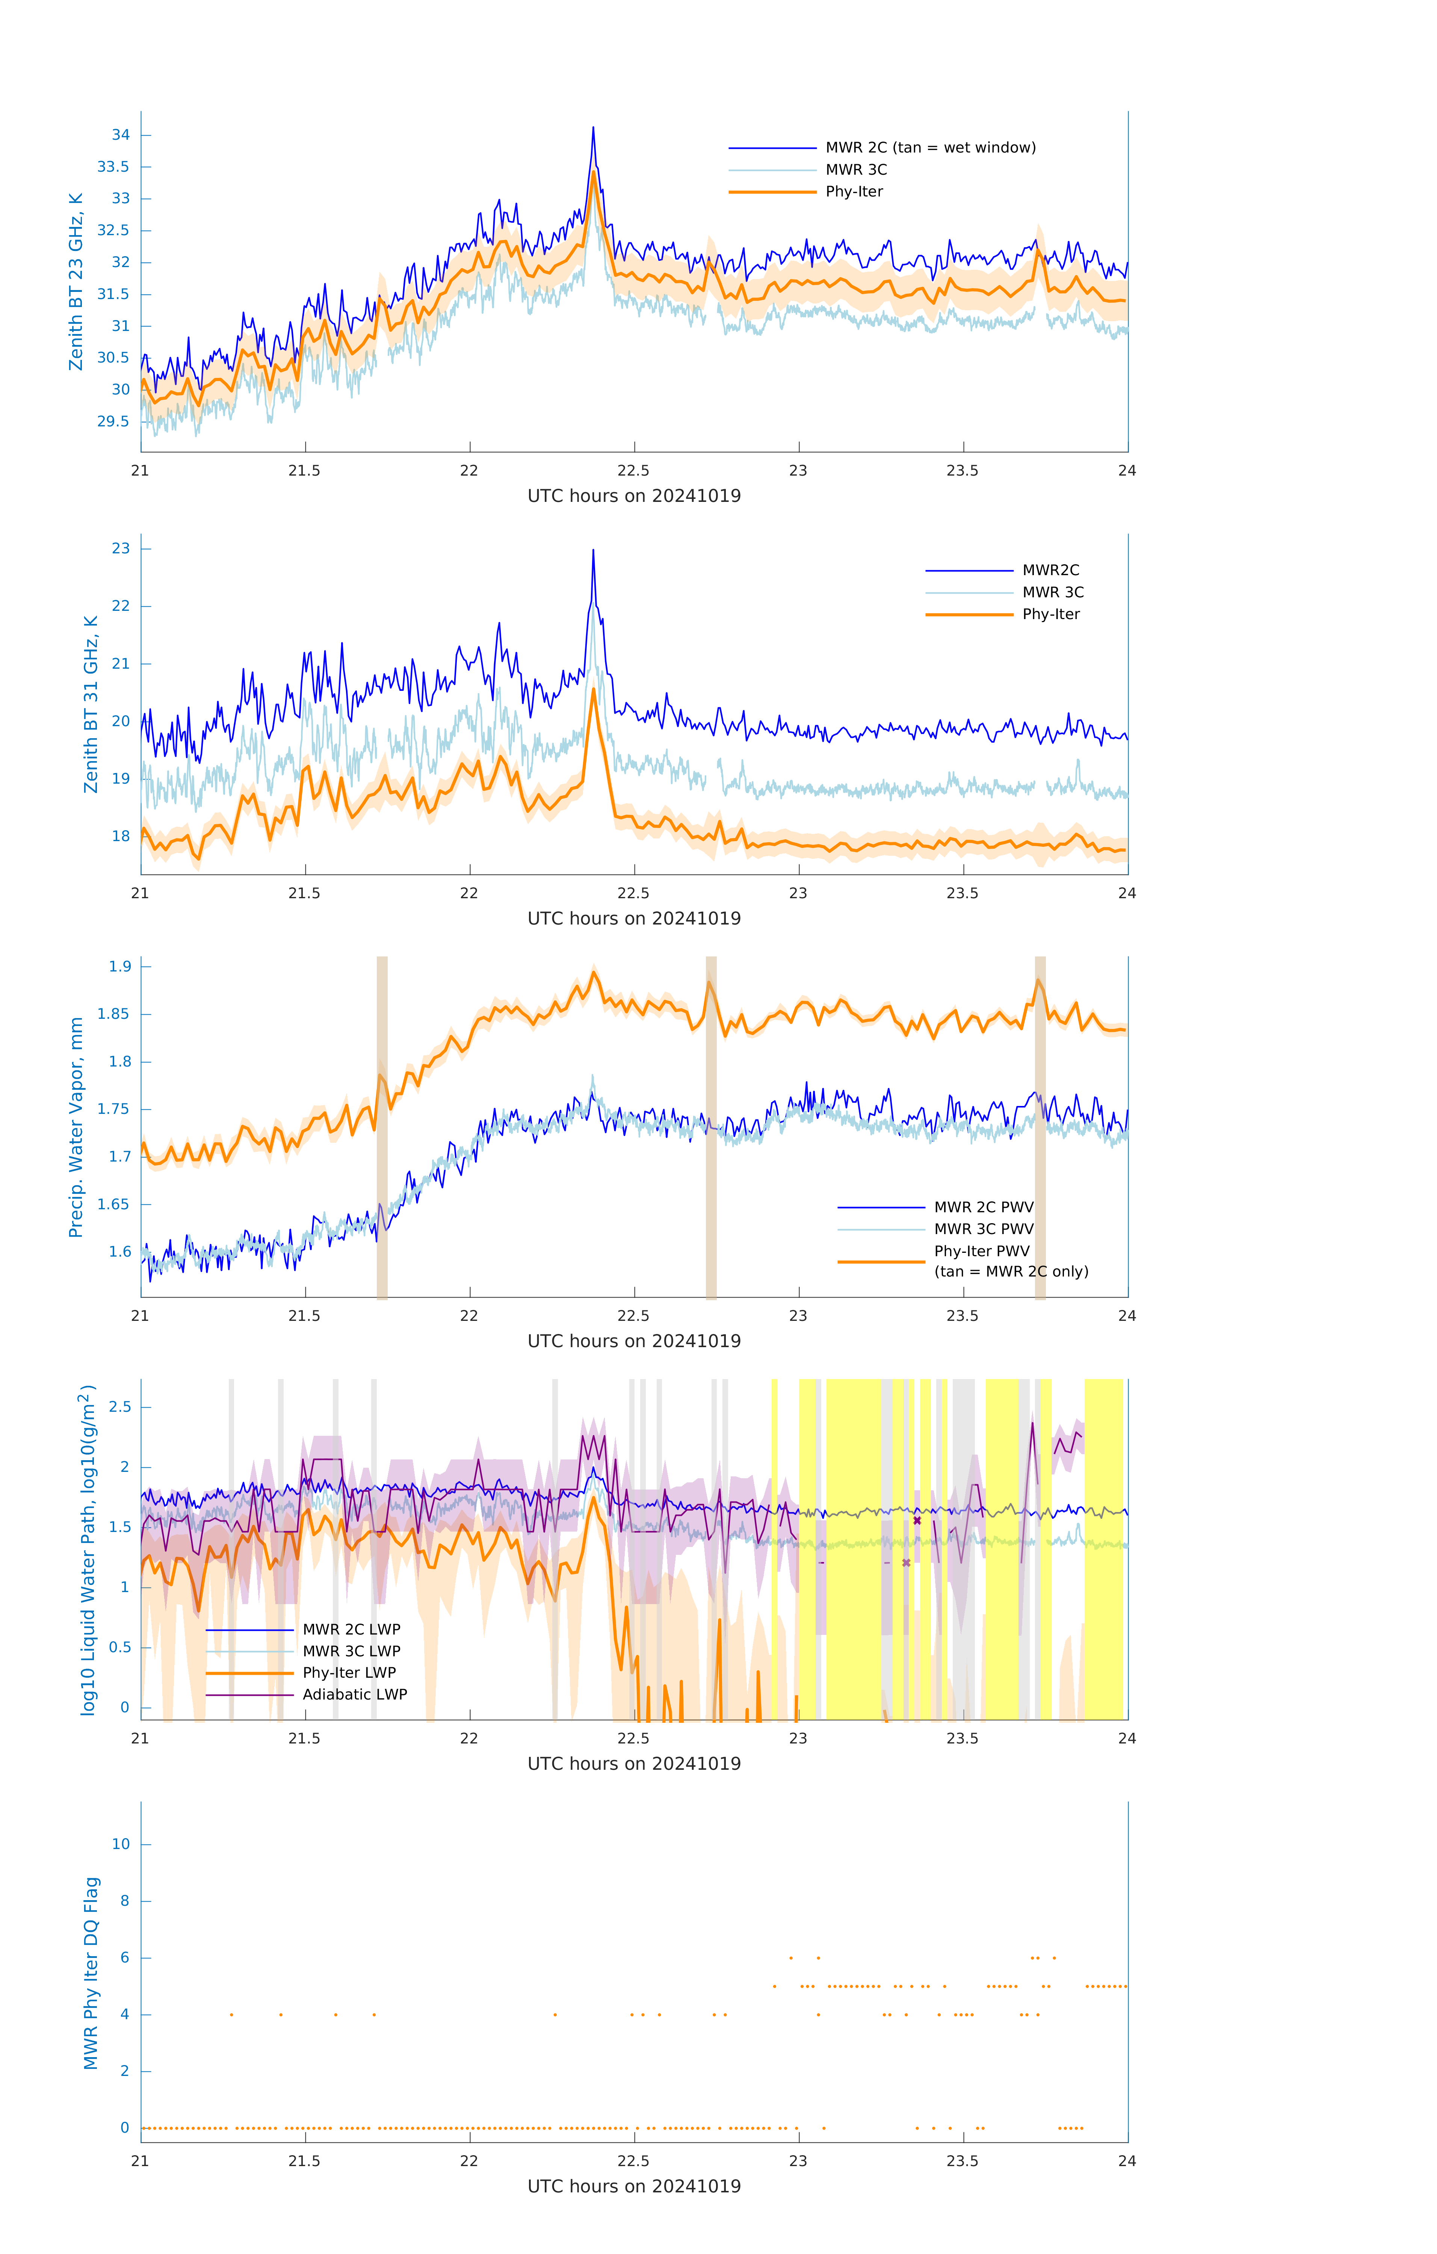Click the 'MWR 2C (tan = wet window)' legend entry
929,148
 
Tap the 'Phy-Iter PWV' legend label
981,1251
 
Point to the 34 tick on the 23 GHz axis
121,135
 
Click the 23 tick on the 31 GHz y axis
121,548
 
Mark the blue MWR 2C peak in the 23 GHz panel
592,128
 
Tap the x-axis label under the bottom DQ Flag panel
634,2187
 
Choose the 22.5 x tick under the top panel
634,471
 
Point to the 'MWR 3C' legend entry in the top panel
856,169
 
